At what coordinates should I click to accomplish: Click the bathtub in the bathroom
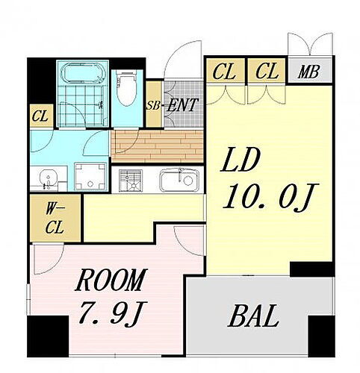83,73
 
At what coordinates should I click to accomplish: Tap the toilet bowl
126,88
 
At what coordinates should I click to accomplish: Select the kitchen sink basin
179,181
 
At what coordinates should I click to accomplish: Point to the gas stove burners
131,181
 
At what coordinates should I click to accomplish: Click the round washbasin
48,178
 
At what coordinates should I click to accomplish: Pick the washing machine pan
90,177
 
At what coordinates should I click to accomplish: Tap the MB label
308,72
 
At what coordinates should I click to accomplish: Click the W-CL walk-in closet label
55,218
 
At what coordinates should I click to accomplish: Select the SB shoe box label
153,106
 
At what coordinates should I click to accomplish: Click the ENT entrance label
183,105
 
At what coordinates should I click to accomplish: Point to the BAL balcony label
253,316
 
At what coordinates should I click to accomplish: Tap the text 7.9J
114,313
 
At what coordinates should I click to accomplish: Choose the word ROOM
111,280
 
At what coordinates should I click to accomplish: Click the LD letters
240,160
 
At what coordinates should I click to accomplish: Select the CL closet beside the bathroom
42,116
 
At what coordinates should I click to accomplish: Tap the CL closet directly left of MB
267,71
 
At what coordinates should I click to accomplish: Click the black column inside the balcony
321,336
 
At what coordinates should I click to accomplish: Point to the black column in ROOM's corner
48,336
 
